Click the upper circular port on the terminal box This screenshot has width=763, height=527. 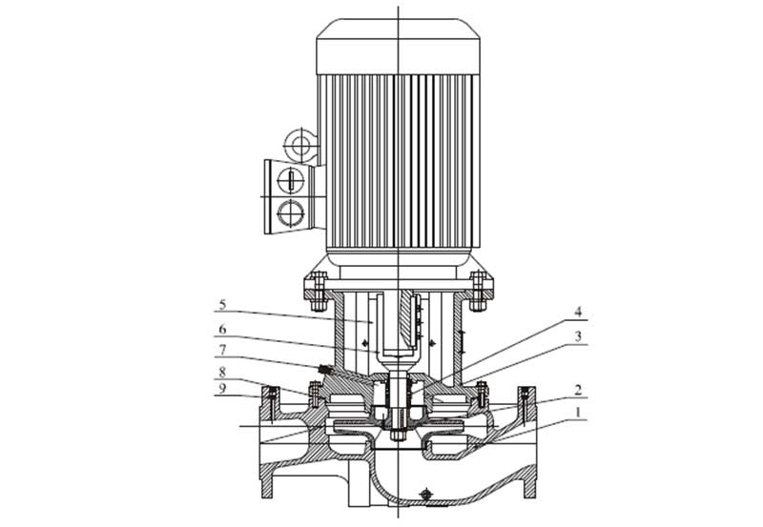(x=288, y=178)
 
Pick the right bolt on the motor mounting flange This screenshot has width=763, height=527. (x=480, y=284)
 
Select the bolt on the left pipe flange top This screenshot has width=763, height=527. (x=273, y=395)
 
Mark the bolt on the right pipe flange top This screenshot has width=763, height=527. (x=523, y=395)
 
